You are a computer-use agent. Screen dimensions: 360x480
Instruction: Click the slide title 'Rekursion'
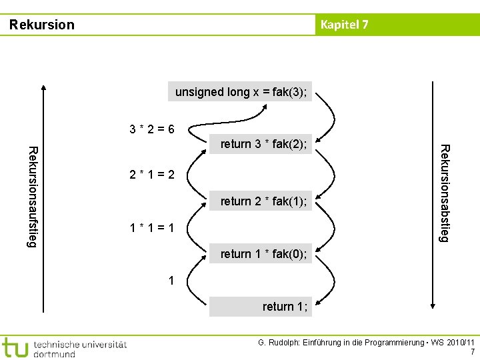(41, 25)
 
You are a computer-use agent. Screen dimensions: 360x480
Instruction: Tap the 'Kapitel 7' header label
(344, 25)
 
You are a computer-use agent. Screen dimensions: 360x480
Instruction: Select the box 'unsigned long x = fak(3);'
(241, 92)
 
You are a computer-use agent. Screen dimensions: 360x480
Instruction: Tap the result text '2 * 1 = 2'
(152, 175)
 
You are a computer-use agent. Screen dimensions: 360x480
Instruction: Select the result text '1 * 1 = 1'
(152, 229)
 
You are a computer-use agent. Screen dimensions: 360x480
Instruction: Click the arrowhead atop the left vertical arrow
(43, 87)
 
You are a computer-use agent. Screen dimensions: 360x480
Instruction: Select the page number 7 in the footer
(473, 352)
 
